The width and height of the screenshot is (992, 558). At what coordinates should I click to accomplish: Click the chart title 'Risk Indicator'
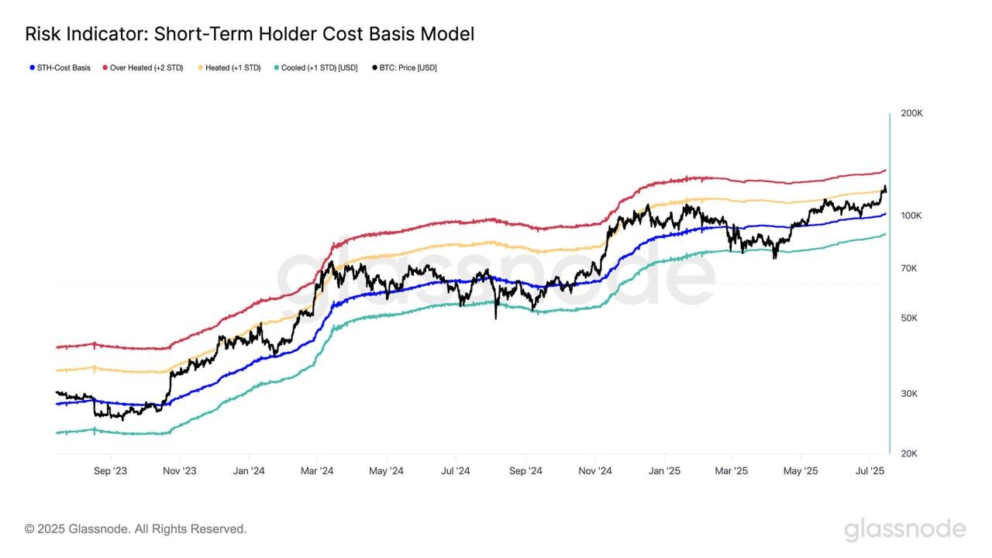pyautogui.click(x=249, y=34)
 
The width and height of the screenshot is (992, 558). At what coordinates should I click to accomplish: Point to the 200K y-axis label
pyautogui.click(x=911, y=113)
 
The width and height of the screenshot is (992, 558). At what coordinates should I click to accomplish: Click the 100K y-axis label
pyautogui.click(x=911, y=215)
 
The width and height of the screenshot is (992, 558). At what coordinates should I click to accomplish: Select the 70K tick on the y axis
pyautogui.click(x=909, y=268)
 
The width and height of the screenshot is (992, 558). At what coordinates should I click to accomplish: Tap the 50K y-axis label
pyautogui.click(x=909, y=319)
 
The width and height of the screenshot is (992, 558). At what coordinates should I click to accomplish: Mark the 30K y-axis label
pyautogui.click(x=909, y=394)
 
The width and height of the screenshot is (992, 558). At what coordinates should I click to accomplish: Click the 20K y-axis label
pyautogui.click(x=909, y=453)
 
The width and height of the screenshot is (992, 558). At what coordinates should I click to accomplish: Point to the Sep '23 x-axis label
pyautogui.click(x=110, y=471)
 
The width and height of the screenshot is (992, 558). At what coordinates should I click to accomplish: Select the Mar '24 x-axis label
pyautogui.click(x=316, y=471)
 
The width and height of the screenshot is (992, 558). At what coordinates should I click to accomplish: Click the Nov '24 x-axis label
pyautogui.click(x=595, y=471)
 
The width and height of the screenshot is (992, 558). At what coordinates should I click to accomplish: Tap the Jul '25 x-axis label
pyautogui.click(x=870, y=471)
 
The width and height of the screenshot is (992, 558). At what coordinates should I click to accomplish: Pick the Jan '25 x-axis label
pyautogui.click(x=664, y=471)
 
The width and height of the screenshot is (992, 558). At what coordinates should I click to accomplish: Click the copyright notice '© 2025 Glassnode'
pyautogui.click(x=136, y=529)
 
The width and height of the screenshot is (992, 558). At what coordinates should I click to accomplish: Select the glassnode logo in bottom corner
pyautogui.click(x=904, y=530)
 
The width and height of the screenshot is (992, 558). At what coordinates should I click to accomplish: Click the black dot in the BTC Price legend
pyautogui.click(x=375, y=68)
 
